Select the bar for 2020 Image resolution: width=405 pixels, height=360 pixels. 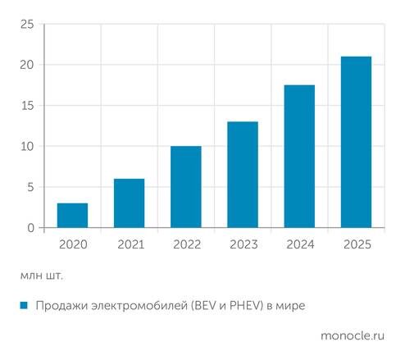72,215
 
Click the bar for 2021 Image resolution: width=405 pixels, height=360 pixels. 129,203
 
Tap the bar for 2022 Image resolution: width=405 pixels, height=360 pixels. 186,187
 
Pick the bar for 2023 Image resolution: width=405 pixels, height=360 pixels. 243,175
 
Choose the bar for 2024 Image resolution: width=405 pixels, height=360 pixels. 299,156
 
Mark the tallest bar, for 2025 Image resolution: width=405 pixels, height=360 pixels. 356,142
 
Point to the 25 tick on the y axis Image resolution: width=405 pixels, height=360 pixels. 27,25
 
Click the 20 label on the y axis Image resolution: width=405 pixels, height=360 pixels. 27,65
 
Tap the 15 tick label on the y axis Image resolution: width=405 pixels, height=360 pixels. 28,106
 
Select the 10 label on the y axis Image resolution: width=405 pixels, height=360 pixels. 28,147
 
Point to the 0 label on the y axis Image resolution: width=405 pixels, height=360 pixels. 31,228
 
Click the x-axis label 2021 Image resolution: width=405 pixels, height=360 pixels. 130,244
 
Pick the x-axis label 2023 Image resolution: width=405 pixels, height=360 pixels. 243,244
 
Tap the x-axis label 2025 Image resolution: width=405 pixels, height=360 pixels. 357,244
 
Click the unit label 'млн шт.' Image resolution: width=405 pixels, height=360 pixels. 42,276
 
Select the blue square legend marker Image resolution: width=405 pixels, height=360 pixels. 24,305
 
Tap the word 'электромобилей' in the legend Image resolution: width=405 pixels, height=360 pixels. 139,305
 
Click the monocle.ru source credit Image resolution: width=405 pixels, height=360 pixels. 353,335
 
